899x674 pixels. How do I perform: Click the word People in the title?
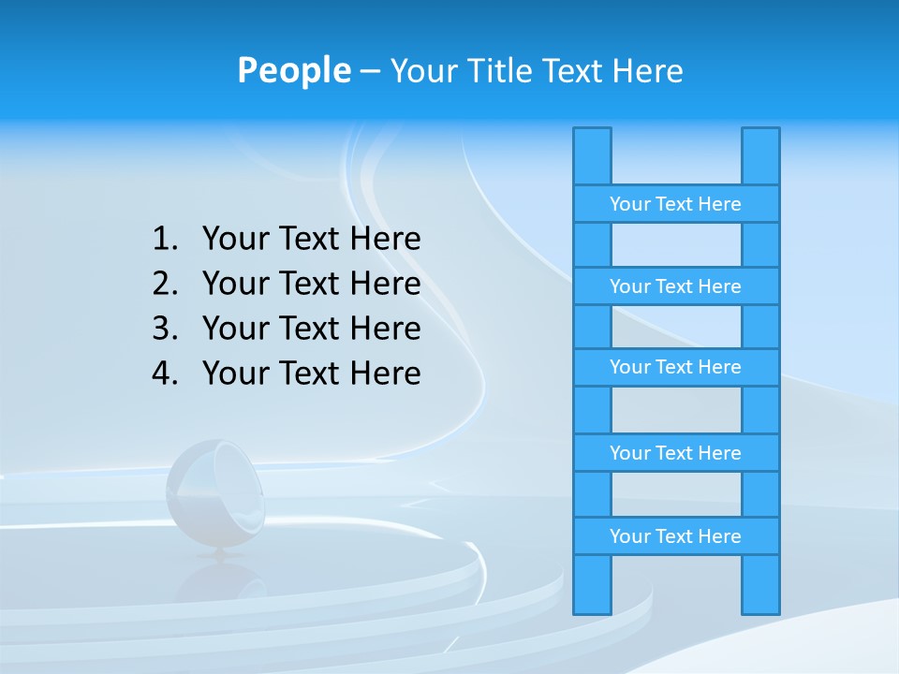pos(293,70)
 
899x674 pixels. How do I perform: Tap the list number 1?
pos(164,239)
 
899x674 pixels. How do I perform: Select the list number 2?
pos(164,284)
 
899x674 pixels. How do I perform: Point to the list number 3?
pos(164,329)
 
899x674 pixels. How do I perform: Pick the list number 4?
pos(164,374)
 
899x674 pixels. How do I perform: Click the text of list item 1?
pos(311,239)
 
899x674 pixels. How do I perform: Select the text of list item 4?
pos(311,374)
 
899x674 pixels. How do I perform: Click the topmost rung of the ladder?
pos(675,204)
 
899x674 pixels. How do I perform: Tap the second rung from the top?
pos(675,286)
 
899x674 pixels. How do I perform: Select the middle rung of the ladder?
pos(675,367)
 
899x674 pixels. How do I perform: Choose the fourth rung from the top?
pos(675,453)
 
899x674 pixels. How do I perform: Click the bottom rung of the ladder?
pos(675,536)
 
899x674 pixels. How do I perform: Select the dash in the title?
pos(369,71)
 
